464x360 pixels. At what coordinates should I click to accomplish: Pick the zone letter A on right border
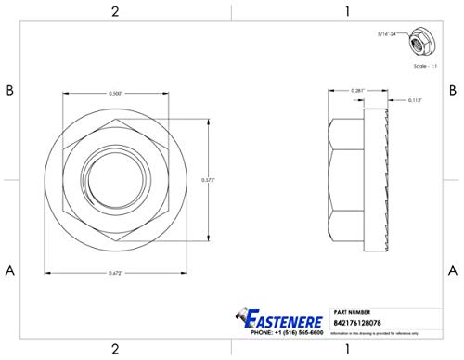coord(452,270)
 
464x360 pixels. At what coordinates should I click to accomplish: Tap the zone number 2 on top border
coord(114,11)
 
